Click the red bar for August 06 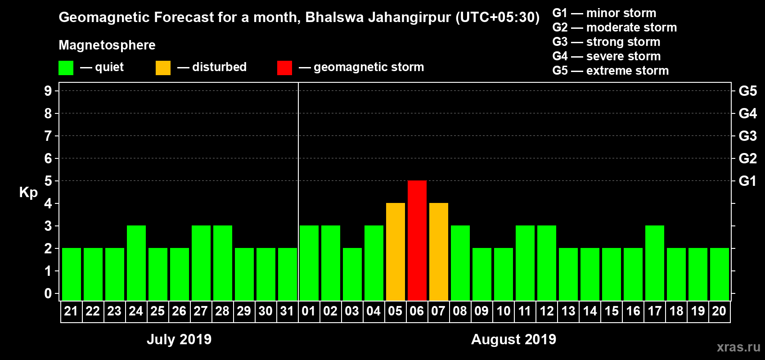point(417,240)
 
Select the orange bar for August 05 point(396,252)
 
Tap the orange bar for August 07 point(439,252)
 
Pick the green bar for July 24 point(136,263)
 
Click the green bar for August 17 point(655,263)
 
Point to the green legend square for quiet point(66,68)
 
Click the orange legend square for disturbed point(163,68)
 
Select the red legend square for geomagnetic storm point(284,68)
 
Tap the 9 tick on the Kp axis point(48,91)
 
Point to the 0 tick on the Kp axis point(48,294)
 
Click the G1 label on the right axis point(747,181)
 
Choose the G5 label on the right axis point(747,91)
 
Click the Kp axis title point(28,193)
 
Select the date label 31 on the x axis point(287,311)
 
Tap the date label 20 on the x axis point(719,311)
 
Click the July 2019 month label point(179,339)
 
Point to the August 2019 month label point(513,339)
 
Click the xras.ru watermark point(738,347)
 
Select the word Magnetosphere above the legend point(107,45)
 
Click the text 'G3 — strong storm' point(606,42)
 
